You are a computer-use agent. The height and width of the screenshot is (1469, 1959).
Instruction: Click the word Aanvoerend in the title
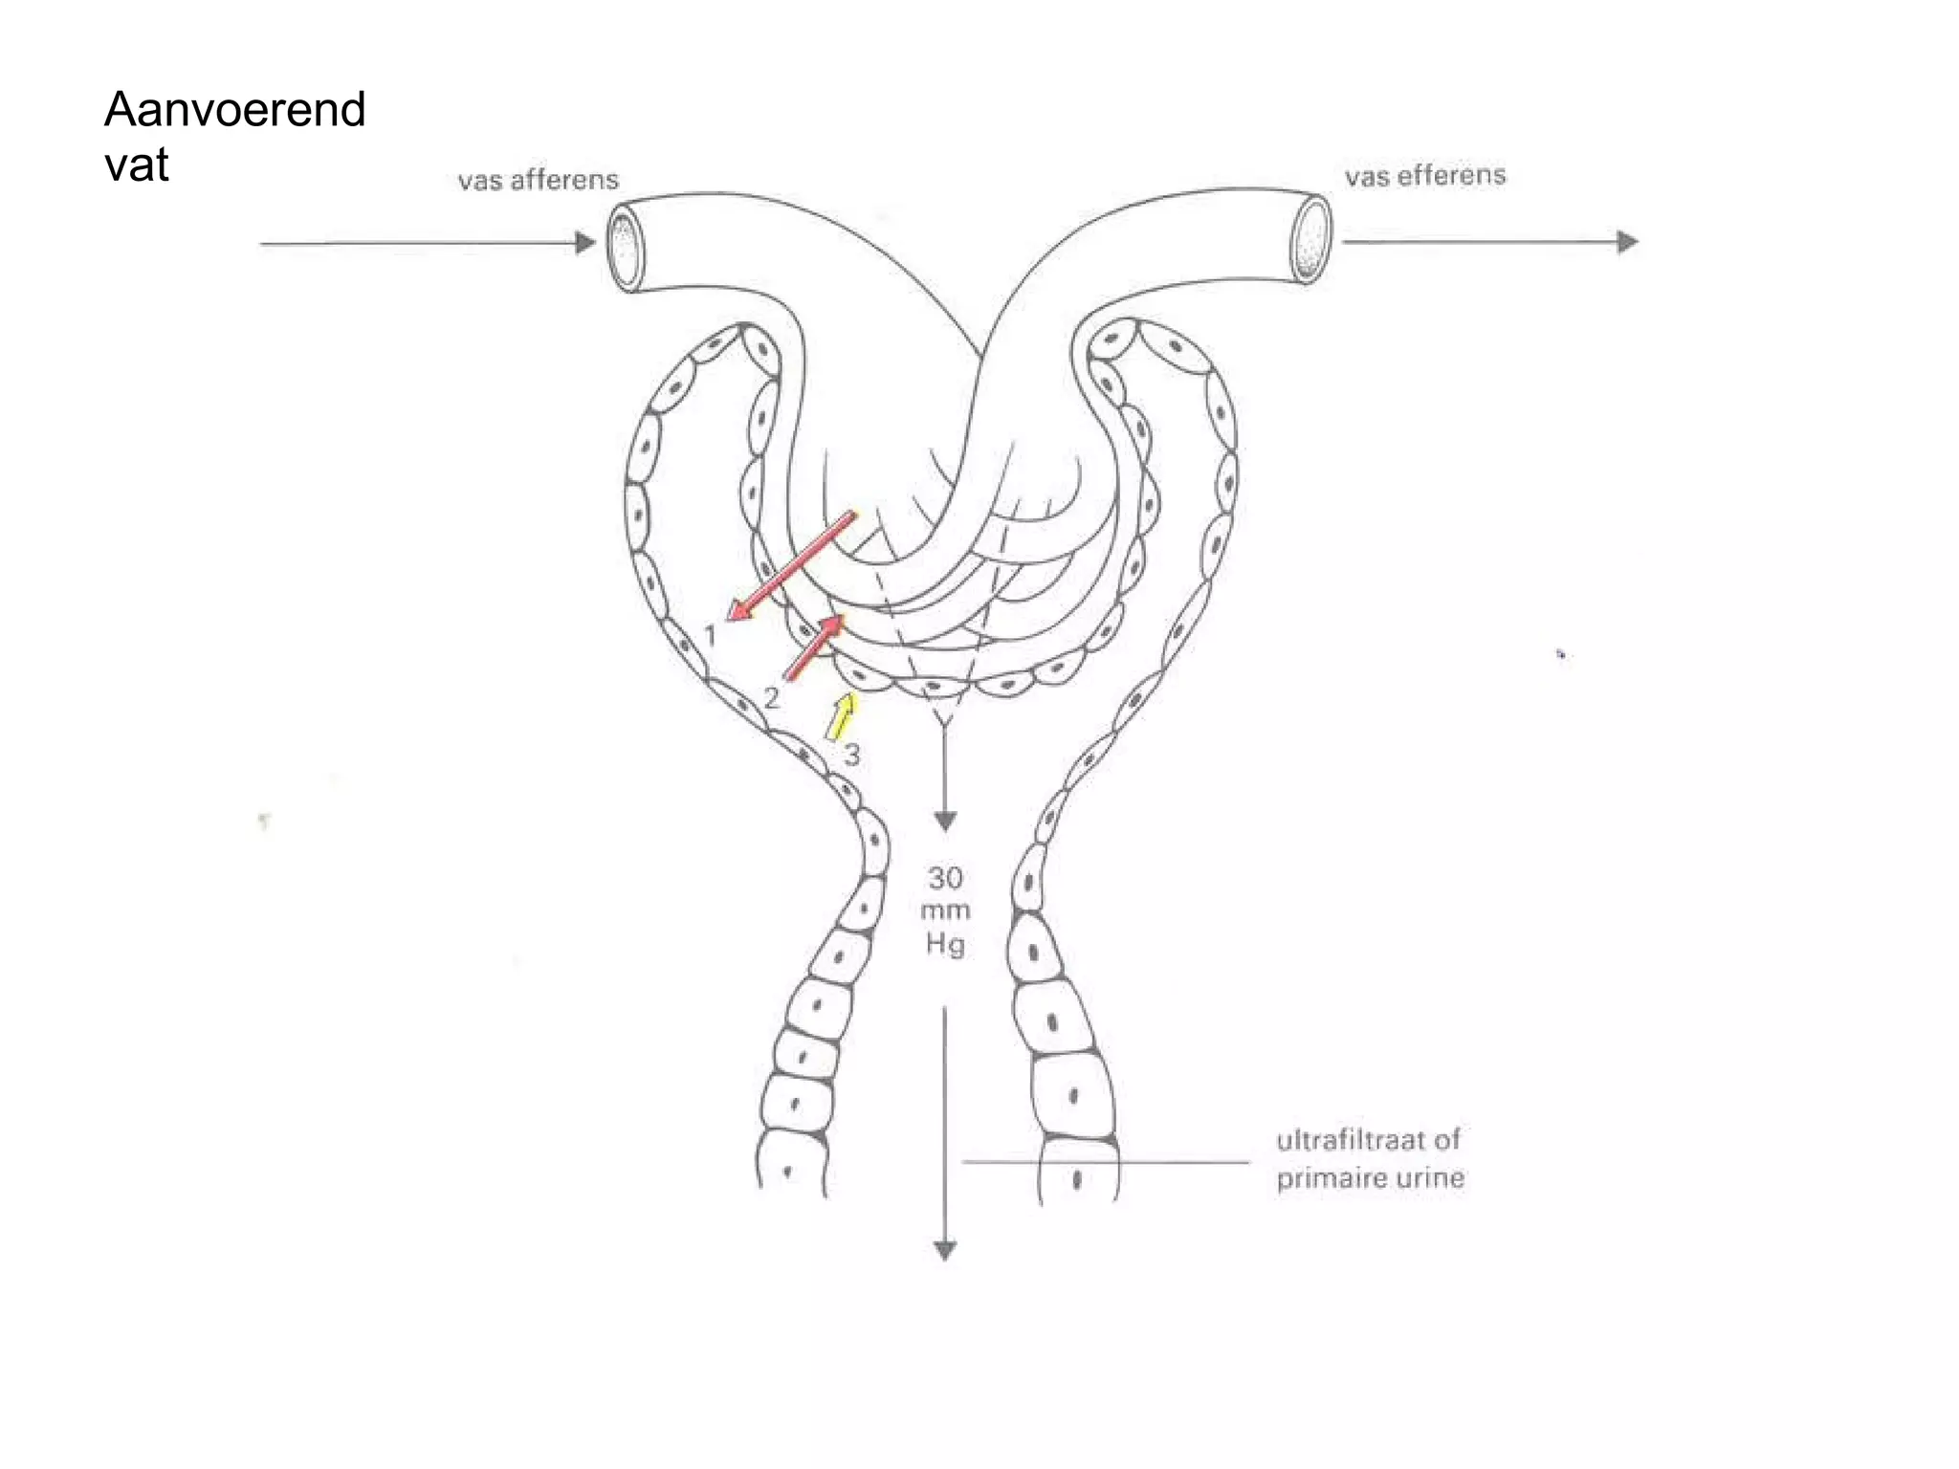[235, 109]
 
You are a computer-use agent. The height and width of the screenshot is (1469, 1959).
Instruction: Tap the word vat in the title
[137, 164]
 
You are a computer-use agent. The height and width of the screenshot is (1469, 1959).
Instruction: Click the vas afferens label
[538, 180]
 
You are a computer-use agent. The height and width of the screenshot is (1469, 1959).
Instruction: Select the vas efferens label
[1425, 176]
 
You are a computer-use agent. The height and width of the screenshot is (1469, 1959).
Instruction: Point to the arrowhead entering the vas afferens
[585, 243]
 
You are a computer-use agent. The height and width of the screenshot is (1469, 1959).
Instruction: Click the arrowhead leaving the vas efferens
[1627, 242]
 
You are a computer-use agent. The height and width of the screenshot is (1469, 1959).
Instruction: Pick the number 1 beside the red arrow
[710, 635]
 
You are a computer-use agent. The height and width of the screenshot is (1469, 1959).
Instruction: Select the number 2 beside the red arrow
[772, 698]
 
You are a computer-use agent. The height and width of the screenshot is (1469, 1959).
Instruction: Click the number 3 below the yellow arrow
[851, 756]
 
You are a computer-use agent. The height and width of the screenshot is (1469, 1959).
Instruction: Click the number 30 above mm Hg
[945, 878]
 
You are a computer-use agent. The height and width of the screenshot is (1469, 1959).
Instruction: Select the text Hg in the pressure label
[945, 945]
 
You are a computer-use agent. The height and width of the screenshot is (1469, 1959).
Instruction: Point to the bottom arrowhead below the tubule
[945, 1251]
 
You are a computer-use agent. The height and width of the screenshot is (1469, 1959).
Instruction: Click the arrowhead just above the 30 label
[945, 822]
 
